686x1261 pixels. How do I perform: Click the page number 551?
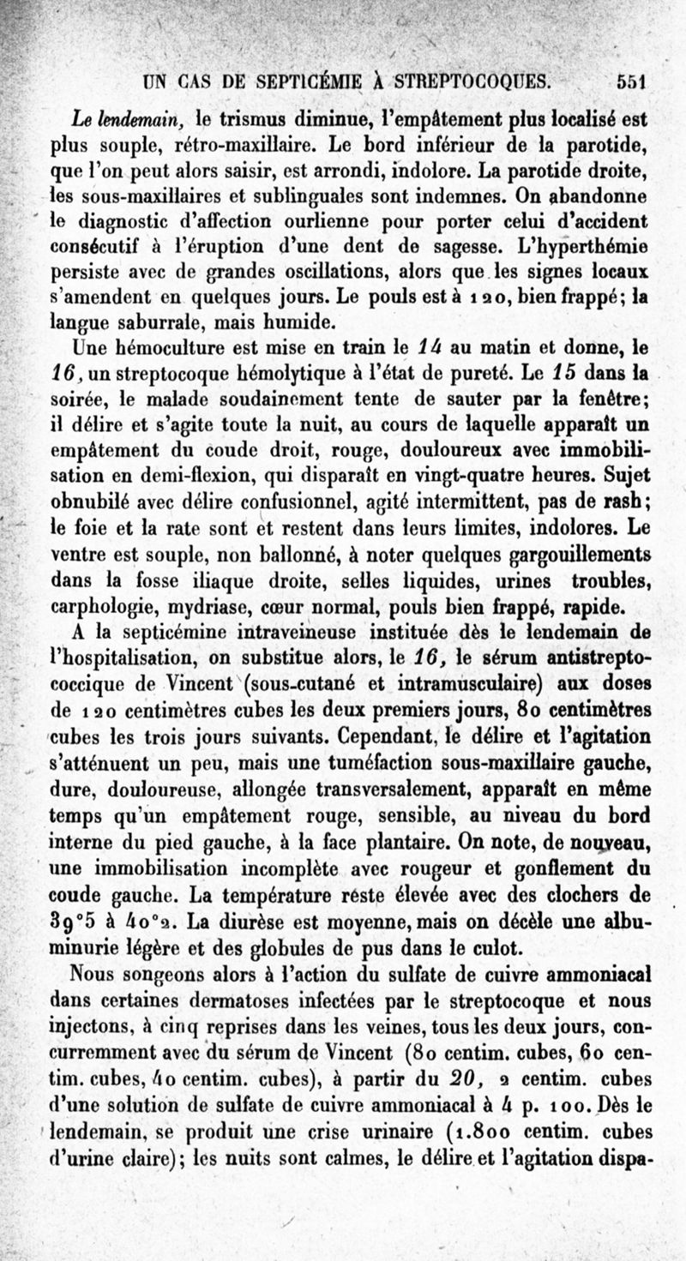click(x=629, y=82)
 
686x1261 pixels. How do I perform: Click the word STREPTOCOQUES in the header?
click(x=467, y=82)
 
